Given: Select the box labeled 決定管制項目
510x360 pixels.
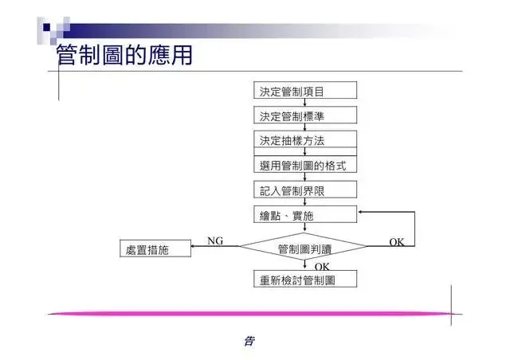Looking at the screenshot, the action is click(304, 91).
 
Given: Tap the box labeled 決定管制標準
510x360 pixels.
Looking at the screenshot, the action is click(304, 115).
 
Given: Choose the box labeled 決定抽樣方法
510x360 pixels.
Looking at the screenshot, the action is click(304, 140).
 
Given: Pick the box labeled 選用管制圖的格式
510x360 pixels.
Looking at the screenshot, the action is click(304, 166).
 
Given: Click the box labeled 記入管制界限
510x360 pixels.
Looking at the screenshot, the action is click(304, 190).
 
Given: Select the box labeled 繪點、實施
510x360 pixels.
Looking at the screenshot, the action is click(304, 215).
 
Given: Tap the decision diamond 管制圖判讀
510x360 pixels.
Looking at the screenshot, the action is click(304, 249).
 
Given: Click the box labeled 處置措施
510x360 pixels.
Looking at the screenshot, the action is click(155, 249).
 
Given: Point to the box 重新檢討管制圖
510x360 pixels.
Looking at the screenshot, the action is click(304, 280).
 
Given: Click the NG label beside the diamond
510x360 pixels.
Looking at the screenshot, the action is click(215, 241).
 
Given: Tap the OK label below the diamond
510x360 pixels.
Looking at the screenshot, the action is click(322, 265).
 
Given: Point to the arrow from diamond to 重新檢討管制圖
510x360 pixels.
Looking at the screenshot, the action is click(304, 266).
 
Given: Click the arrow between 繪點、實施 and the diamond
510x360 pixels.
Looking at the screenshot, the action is click(304, 229).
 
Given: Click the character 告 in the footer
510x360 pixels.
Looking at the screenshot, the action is click(248, 342).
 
